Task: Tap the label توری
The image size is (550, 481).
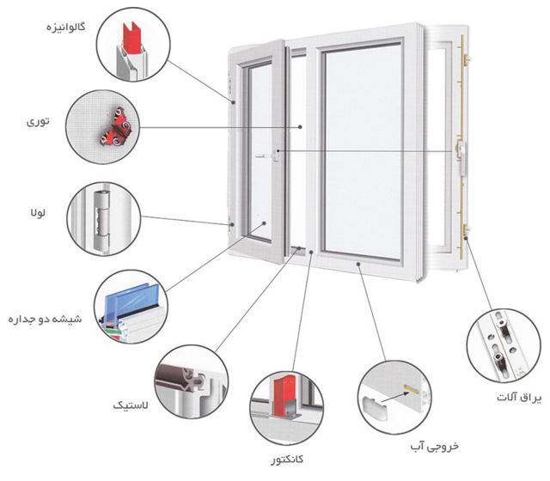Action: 39,123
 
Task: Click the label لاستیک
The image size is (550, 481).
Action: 129,404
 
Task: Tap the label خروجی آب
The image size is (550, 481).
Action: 432,445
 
